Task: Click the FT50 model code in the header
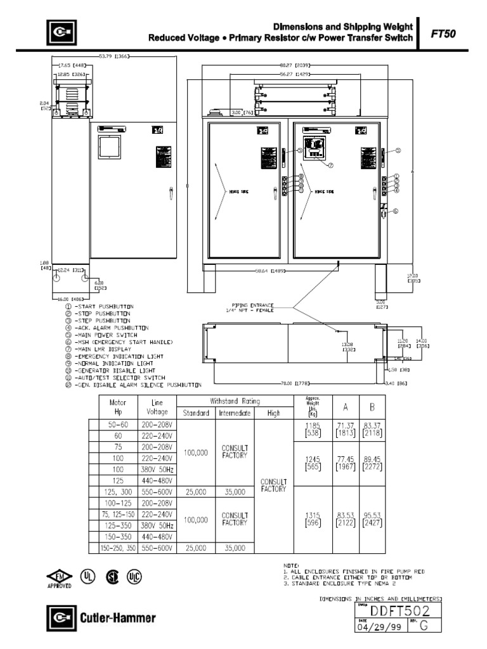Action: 444,35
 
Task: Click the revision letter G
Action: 424,627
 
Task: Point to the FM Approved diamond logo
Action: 60,577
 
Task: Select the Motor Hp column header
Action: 118,407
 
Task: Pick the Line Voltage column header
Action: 157,407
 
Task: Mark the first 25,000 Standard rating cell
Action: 196,492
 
